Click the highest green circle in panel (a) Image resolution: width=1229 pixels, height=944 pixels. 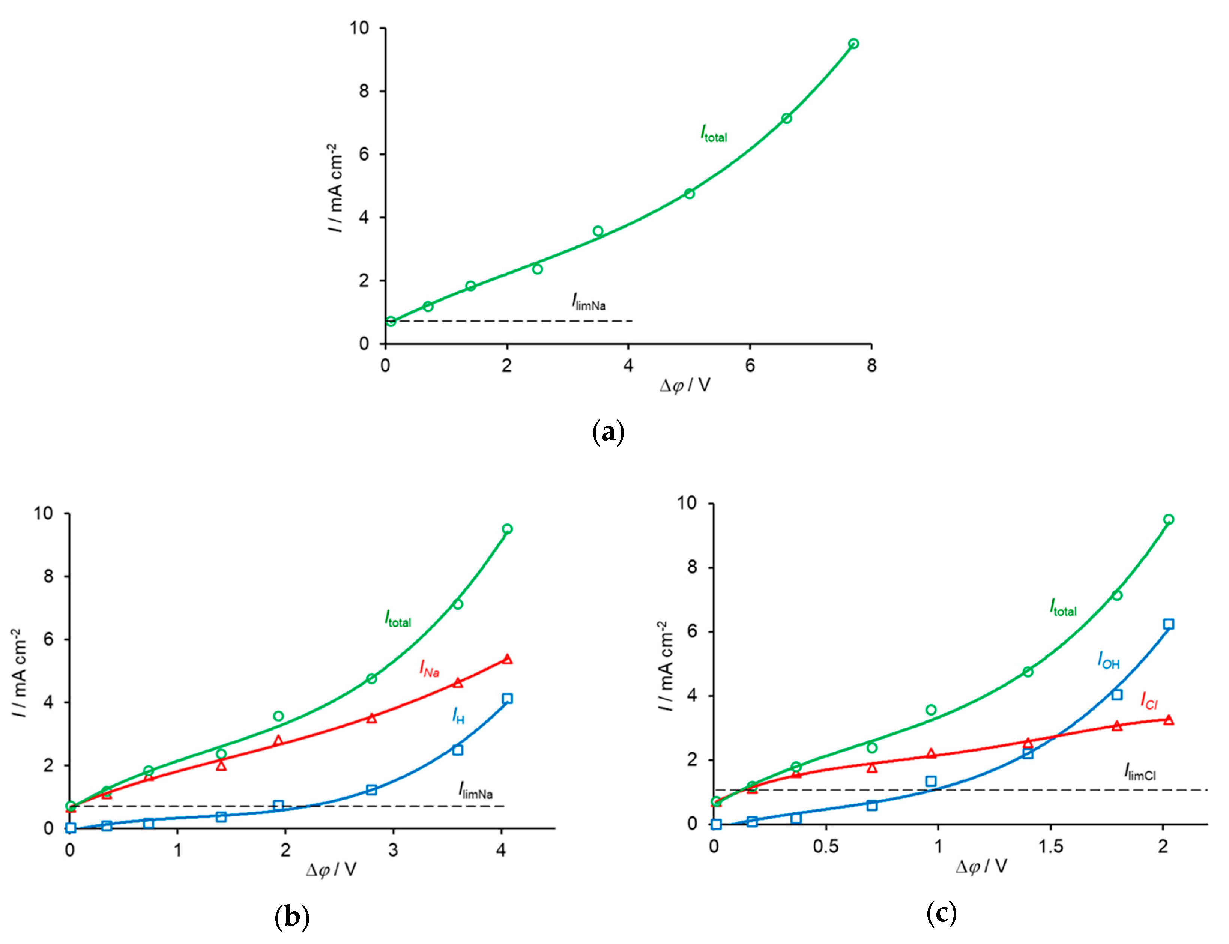tap(853, 44)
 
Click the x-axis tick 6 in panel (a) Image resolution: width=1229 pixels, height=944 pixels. tap(750, 366)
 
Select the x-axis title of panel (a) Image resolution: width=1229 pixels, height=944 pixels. tap(684, 385)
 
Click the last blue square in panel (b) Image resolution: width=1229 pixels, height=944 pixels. tap(507, 699)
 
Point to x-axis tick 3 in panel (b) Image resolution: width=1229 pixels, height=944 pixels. tap(393, 851)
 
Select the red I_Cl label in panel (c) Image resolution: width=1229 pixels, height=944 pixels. tap(1149, 701)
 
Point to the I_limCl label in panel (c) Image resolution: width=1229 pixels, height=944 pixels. tap(1140, 773)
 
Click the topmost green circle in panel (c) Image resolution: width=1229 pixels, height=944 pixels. tap(1168, 519)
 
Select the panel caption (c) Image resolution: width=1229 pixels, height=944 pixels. tap(941, 913)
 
